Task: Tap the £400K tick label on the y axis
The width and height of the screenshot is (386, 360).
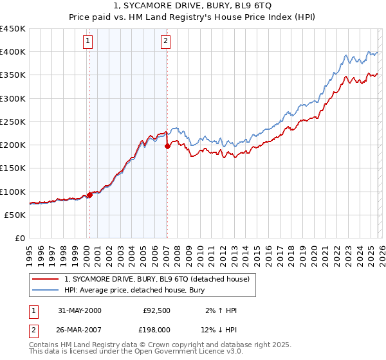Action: [x=13, y=52]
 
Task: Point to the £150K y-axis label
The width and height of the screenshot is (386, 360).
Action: [x=13, y=168]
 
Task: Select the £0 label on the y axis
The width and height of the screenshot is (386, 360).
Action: [x=19, y=239]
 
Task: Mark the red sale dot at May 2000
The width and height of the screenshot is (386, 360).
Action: [x=90, y=195]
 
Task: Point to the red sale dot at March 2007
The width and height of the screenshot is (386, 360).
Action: [x=167, y=146]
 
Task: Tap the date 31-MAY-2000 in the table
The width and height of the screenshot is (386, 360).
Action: [x=79, y=310]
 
